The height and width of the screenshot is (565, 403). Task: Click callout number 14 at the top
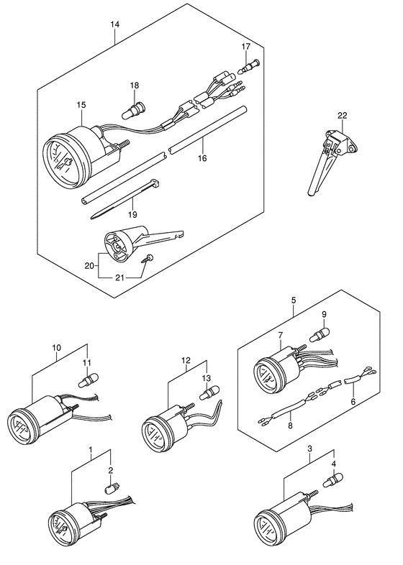click(114, 24)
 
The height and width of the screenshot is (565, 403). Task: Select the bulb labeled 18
click(133, 109)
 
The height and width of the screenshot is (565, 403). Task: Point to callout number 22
click(342, 116)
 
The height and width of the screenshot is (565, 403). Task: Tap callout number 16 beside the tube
click(202, 158)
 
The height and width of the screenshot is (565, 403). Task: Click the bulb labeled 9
click(320, 334)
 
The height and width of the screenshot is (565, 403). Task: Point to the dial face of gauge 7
click(266, 379)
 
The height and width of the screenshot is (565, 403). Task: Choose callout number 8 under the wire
click(290, 426)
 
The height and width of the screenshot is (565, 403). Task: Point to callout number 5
click(293, 300)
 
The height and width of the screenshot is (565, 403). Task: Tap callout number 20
click(89, 266)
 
